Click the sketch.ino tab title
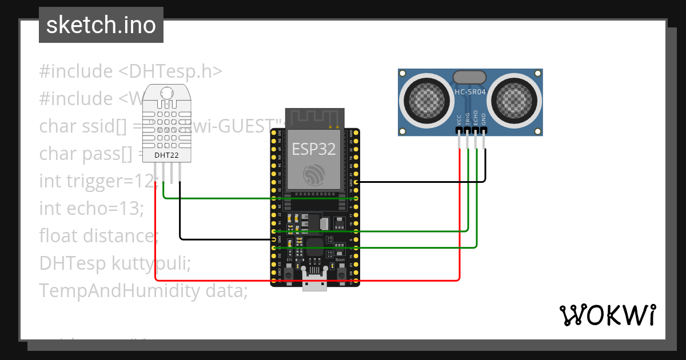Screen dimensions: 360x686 pyautogui.click(x=101, y=25)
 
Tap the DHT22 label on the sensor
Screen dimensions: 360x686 pyautogui.click(x=166, y=155)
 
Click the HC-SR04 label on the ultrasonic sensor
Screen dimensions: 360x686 pyautogui.click(x=469, y=91)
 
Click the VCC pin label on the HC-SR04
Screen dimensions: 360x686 pyautogui.click(x=460, y=119)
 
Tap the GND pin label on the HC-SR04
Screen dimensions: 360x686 pyautogui.click(x=484, y=119)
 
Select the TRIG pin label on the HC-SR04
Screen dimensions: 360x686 pyautogui.click(x=468, y=119)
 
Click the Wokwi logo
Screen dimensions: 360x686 pyautogui.click(x=607, y=315)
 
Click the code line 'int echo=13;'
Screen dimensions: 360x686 pyautogui.click(x=90, y=209)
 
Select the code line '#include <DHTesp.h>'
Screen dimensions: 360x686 pyautogui.click(x=130, y=71)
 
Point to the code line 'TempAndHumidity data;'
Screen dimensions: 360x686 pyautogui.click(x=143, y=291)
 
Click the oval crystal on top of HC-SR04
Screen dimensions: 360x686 pyautogui.click(x=469, y=77)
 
